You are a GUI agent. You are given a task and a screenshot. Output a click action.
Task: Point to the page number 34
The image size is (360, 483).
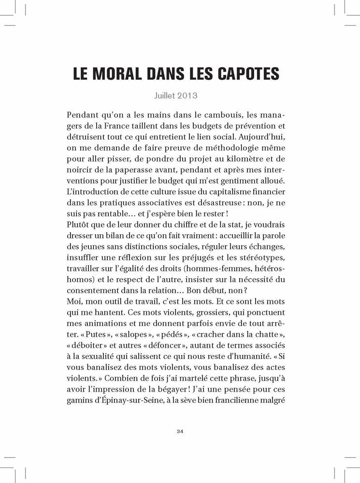pyautogui.click(x=180, y=431)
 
